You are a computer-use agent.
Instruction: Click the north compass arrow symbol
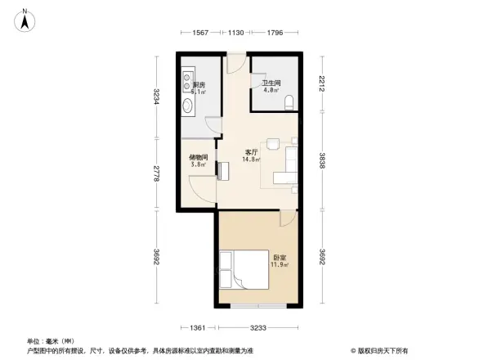coord(25,18)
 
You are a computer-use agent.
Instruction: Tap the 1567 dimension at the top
coord(200,32)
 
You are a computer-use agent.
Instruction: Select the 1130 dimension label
coord(237,32)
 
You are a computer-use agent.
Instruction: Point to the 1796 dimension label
coord(274,32)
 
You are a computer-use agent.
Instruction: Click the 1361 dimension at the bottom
coord(196,328)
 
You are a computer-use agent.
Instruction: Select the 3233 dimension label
coord(260,328)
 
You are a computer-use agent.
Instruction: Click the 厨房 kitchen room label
coord(199,85)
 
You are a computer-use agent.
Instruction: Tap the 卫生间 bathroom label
coord(271,83)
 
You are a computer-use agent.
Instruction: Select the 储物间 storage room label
coord(198,157)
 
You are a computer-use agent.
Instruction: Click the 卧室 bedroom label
coord(279,259)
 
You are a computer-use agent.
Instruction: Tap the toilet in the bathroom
coord(293,102)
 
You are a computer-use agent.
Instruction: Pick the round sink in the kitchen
coord(187,105)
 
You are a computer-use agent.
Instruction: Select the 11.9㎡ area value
coord(279,266)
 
